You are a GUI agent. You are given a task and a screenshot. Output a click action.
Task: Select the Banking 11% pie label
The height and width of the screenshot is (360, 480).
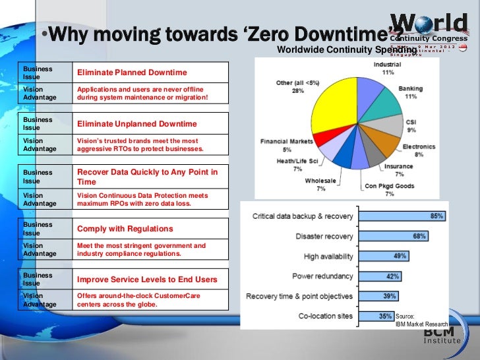(411, 92)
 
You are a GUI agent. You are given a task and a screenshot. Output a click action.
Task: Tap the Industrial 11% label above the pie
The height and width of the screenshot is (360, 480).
(388, 68)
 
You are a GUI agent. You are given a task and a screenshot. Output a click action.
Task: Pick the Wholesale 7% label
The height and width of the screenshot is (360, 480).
(320, 184)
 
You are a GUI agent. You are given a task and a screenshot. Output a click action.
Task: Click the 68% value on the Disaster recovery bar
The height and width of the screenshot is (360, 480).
(419, 236)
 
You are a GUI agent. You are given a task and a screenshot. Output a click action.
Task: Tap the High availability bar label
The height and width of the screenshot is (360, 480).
(328, 256)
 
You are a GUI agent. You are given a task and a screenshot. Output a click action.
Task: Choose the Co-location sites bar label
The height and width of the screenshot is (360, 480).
(326, 316)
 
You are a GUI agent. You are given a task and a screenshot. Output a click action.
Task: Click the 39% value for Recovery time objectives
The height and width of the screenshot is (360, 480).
(390, 297)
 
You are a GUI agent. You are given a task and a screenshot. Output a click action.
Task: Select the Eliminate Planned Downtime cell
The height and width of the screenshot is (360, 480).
(132, 73)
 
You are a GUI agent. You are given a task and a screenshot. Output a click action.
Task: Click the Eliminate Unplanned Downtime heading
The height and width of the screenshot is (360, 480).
(136, 124)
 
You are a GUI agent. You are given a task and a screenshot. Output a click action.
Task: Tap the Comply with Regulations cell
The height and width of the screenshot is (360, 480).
(125, 229)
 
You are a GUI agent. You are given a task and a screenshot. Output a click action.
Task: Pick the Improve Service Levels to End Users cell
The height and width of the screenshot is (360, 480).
(146, 280)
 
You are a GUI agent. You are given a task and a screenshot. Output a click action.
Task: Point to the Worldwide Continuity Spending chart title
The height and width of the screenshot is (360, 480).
(347, 50)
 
